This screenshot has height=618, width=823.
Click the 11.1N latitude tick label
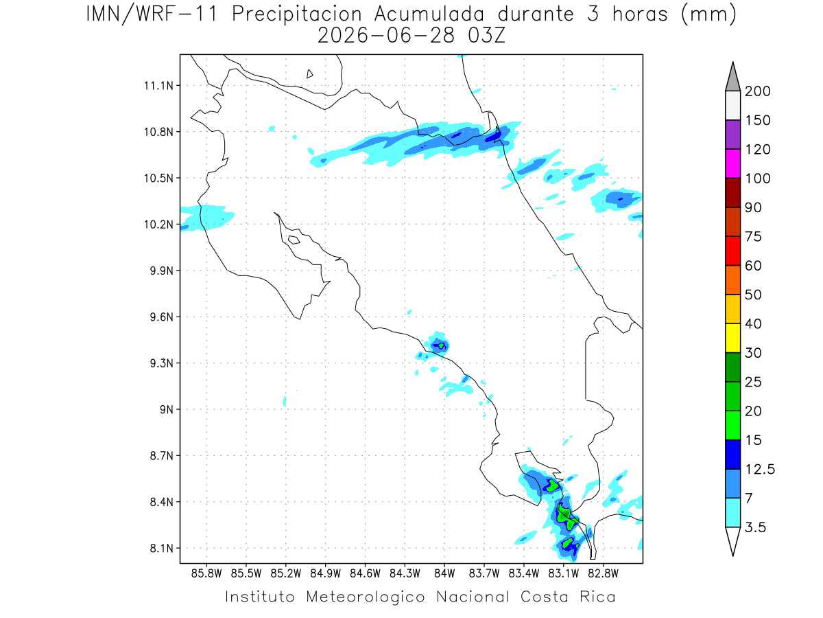[158, 86]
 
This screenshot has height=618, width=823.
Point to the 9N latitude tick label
[167, 409]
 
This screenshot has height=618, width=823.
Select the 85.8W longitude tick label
[206, 573]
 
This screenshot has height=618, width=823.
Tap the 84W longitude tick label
[444, 573]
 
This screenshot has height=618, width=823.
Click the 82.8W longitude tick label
[603, 573]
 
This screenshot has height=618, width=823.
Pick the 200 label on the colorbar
[757, 91]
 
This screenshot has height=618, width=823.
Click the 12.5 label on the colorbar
[760, 470]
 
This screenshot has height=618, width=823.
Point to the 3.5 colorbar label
[755, 527]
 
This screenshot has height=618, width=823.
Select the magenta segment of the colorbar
[732, 163]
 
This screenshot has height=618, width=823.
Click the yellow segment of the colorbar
[732, 338]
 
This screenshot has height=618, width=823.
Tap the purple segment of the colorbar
[732, 135]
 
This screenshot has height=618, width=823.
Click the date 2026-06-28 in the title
[386, 36]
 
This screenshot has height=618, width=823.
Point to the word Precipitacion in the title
[297, 14]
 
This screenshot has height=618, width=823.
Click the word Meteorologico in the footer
[366, 597]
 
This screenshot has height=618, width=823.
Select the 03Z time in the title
[486, 36]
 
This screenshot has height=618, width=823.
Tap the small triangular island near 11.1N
[309, 74]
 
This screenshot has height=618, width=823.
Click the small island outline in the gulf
[294, 240]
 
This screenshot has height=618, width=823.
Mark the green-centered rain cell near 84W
[439, 345]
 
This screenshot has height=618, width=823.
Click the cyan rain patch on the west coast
[207, 218]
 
